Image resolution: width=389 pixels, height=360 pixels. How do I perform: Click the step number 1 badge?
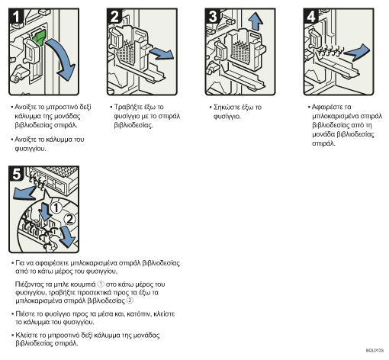click(16, 16)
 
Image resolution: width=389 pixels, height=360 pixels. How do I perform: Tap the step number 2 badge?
click(114, 16)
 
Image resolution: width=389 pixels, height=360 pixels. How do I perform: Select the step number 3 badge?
click(213, 16)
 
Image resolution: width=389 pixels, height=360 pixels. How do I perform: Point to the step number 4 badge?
click(311, 16)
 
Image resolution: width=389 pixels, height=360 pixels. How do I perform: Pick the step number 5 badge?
click(16, 174)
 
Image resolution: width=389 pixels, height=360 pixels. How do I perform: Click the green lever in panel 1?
click(39, 37)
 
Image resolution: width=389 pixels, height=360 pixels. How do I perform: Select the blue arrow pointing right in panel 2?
click(162, 53)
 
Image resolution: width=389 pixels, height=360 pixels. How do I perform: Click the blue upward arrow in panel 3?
click(256, 21)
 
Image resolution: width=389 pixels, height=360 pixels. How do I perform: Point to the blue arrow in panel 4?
click(357, 52)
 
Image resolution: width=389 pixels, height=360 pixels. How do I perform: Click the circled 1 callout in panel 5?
click(56, 207)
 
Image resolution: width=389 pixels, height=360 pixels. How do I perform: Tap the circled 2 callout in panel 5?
click(69, 219)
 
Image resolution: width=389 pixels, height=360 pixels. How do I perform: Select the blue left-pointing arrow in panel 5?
click(24, 193)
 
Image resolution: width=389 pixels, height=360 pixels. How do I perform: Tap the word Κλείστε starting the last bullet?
click(25, 335)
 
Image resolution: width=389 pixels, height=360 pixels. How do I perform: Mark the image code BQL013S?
click(375, 351)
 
